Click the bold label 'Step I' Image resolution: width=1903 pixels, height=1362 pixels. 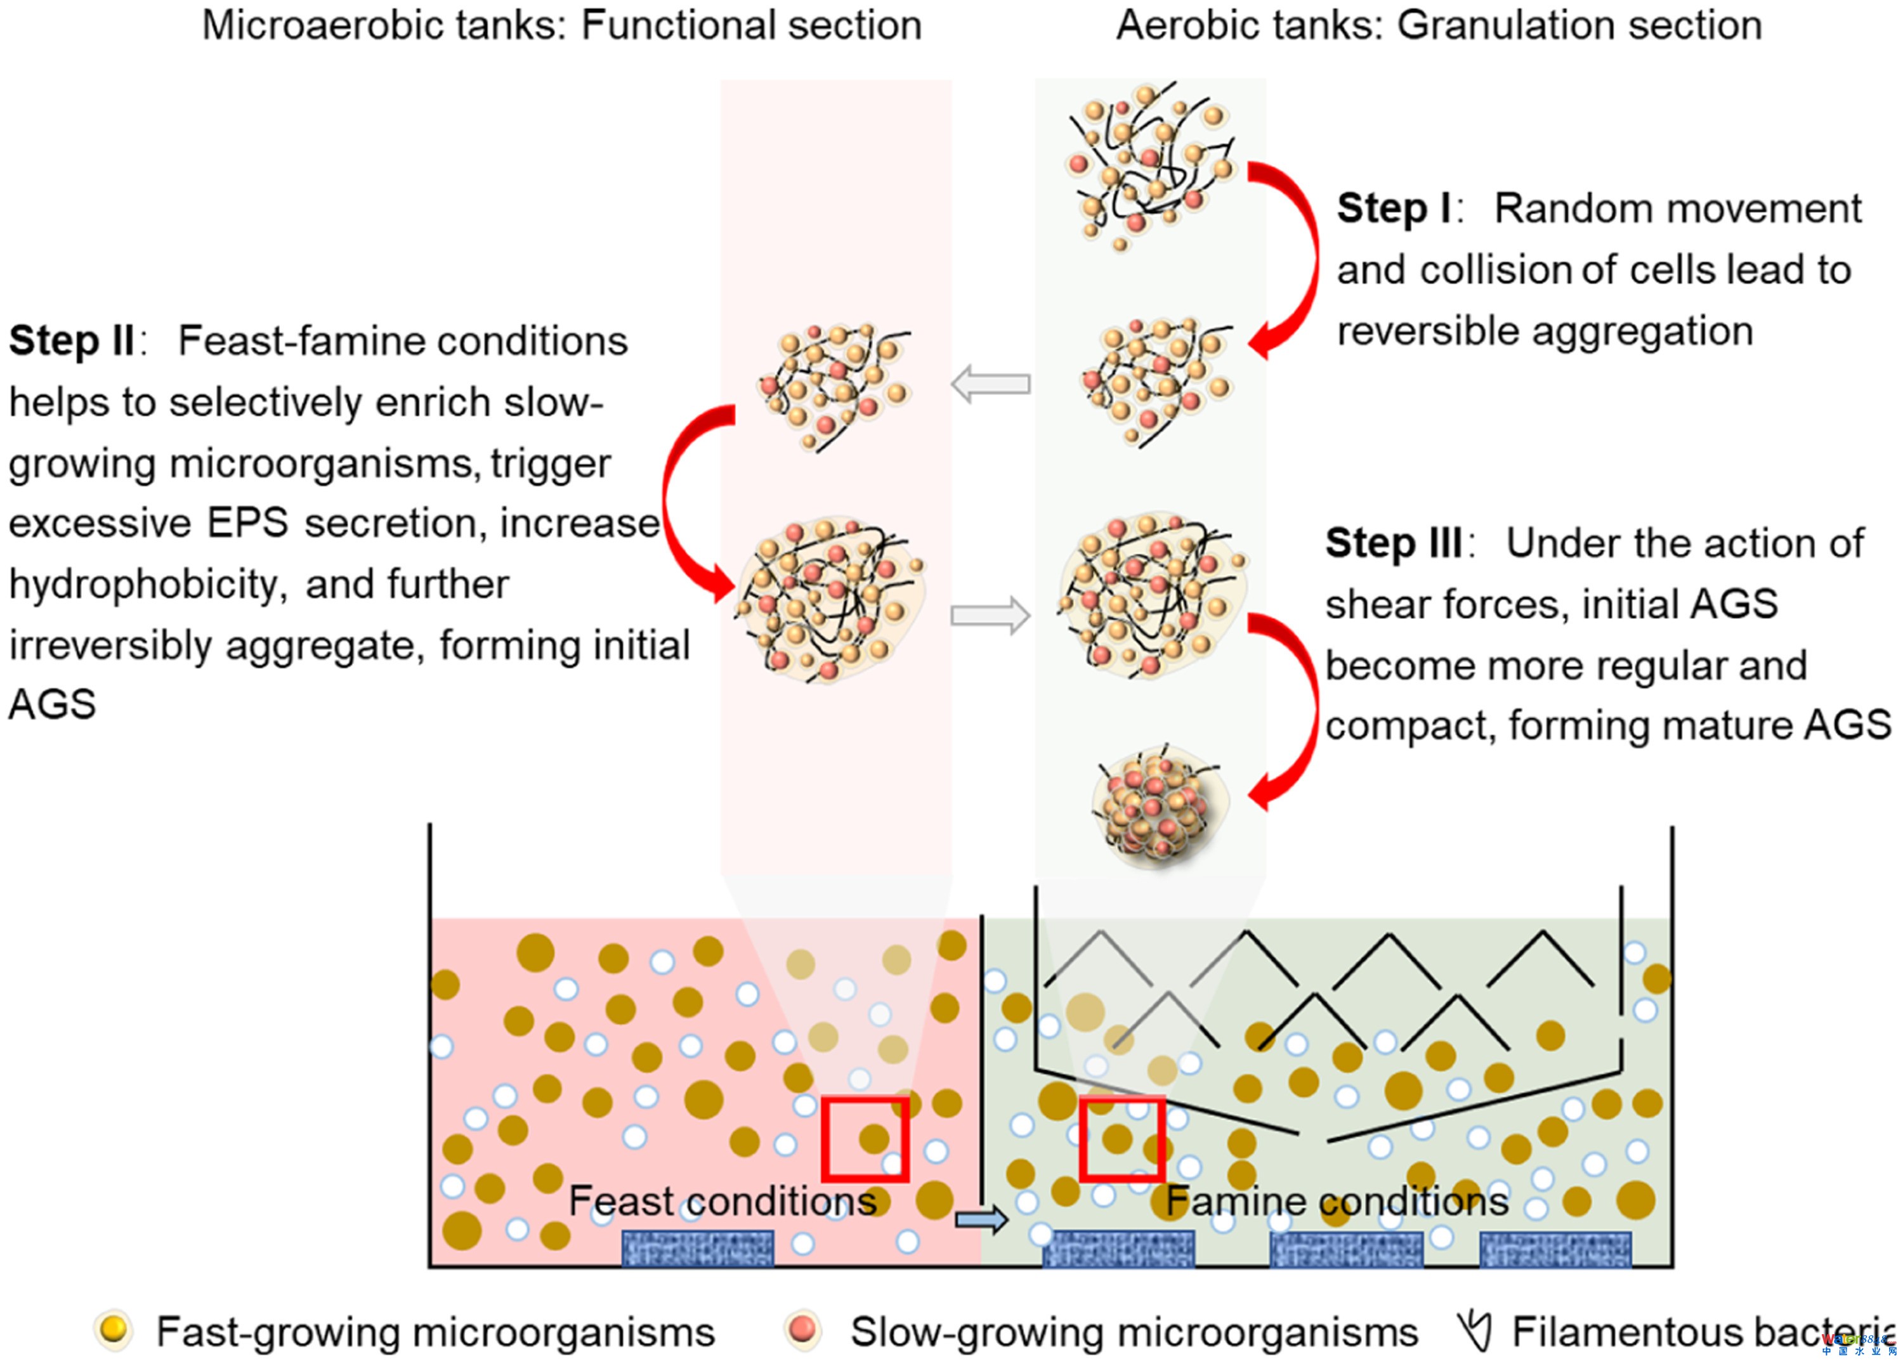pyautogui.click(x=1393, y=209)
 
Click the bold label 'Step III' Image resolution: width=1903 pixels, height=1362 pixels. pyautogui.click(x=1394, y=543)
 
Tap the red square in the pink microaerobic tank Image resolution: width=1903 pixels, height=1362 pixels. pyautogui.click(x=864, y=1139)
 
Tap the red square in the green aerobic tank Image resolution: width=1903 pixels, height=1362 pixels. pyautogui.click(x=1121, y=1139)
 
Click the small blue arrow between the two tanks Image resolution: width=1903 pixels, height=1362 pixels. pyautogui.click(x=981, y=1218)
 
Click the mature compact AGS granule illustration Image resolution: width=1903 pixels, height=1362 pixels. pyautogui.click(x=1160, y=805)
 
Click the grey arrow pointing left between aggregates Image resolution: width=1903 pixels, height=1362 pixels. pyautogui.click(x=990, y=384)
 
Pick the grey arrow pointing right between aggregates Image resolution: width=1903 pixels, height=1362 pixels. pyautogui.click(x=990, y=616)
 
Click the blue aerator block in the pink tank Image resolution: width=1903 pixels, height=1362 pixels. pyautogui.click(x=697, y=1248)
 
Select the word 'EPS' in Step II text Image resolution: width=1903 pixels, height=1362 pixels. pyautogui.click(x=247, y=523)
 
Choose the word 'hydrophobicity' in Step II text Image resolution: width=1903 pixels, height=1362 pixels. pyautogui.click(x=143, y=585)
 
